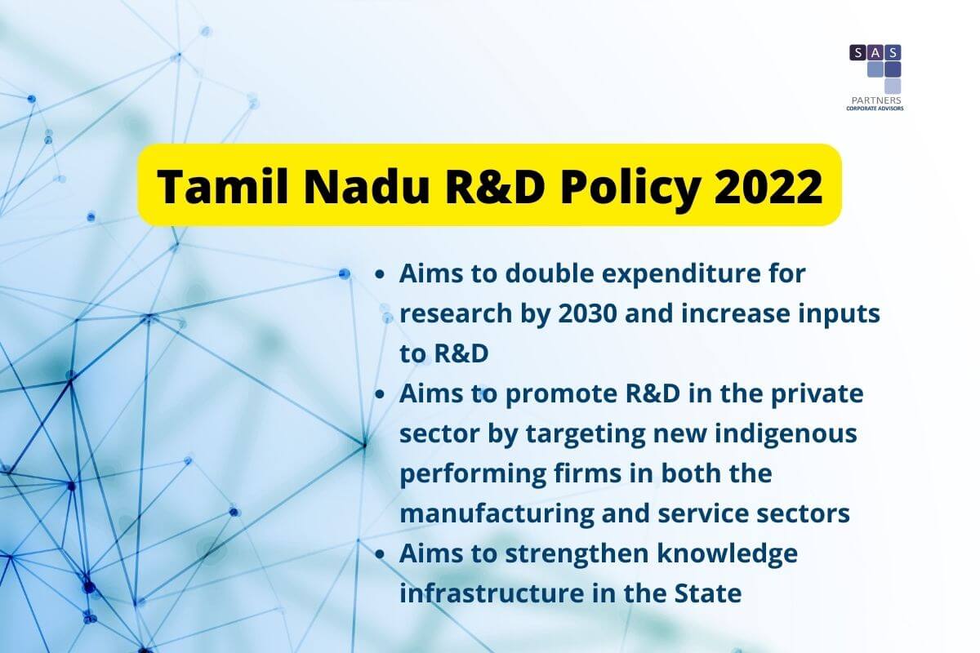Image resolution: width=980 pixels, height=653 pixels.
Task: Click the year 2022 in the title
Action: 768,186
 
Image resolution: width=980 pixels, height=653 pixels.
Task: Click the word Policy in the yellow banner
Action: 630,188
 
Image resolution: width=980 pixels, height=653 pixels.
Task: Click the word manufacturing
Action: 497,514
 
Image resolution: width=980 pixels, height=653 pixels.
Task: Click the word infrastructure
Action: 492,593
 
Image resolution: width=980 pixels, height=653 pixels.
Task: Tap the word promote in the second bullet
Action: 561,396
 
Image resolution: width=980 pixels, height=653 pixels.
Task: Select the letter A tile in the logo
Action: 875,53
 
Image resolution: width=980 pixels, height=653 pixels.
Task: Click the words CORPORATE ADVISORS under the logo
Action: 875,109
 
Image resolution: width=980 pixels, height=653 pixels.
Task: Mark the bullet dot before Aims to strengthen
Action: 380,554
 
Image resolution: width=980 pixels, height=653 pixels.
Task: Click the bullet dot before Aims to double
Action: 380,274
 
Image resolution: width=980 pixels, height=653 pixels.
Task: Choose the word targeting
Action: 585,435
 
